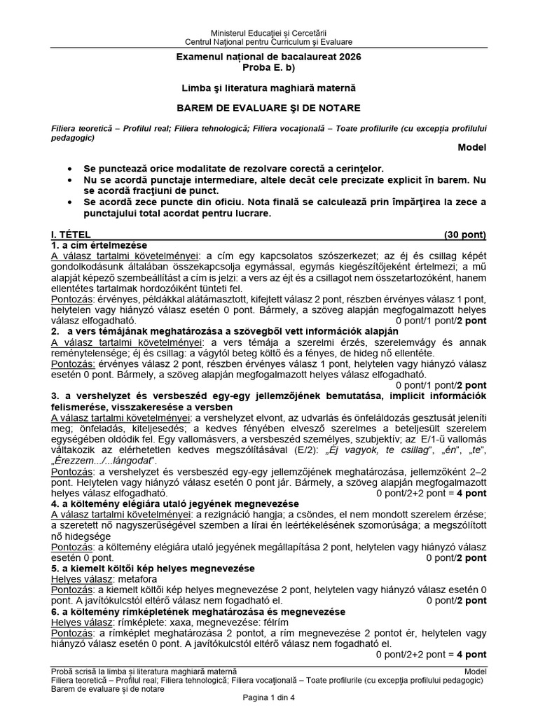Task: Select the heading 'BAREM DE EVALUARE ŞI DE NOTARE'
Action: pyautogui.click(x=269, y=108)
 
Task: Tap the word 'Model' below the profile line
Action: pyautogui.click(x=471, y=147)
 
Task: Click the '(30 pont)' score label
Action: pyautogui.click(x=465, y=235)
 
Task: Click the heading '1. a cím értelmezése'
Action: pyautogui.click(x=99, y=245)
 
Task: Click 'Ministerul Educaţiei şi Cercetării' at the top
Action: pyautogui.click(x=269, y=33)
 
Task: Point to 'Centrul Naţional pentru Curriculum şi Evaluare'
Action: pyautogui.click(x=269, y=42)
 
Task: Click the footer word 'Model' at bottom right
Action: pyautogui.click(x=474, y=671)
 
